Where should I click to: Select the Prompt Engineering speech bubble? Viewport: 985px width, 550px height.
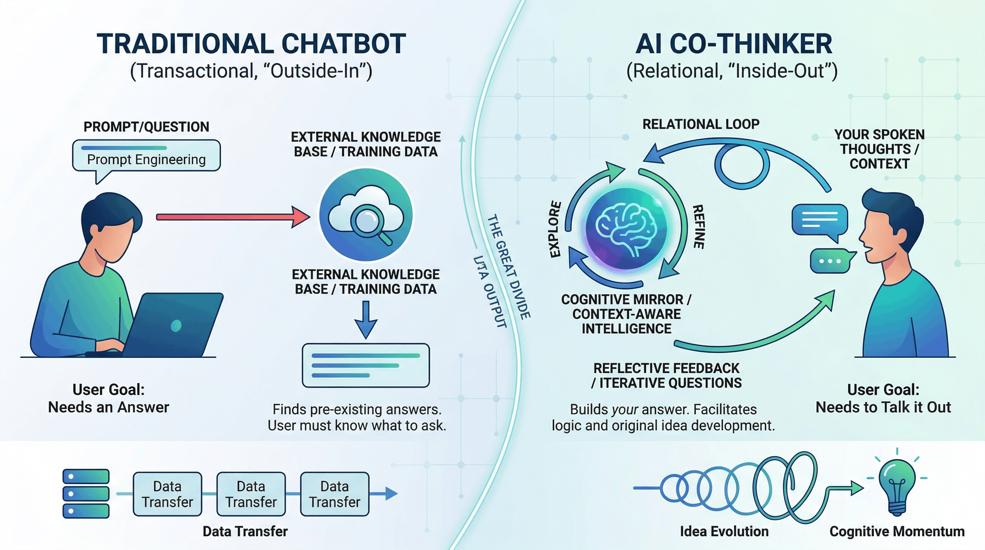(x=146, y=156)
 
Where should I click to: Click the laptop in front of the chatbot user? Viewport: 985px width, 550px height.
(x=172, y=325)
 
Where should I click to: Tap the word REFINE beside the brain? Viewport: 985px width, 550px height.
(x=699, y=226)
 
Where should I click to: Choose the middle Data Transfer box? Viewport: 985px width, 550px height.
(x=251, y=494)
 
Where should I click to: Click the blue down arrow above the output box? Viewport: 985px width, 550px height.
(x=366, y=319)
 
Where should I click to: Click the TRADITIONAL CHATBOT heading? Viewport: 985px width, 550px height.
(x=251, y=44)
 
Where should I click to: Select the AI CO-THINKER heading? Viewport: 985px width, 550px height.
(x=733, y=44)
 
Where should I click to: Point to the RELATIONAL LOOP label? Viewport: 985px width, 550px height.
(x=700, y=124)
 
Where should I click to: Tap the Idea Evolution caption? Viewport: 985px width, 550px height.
(x=724, y=531)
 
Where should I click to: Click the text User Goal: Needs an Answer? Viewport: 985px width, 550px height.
(x=108, y=398)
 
